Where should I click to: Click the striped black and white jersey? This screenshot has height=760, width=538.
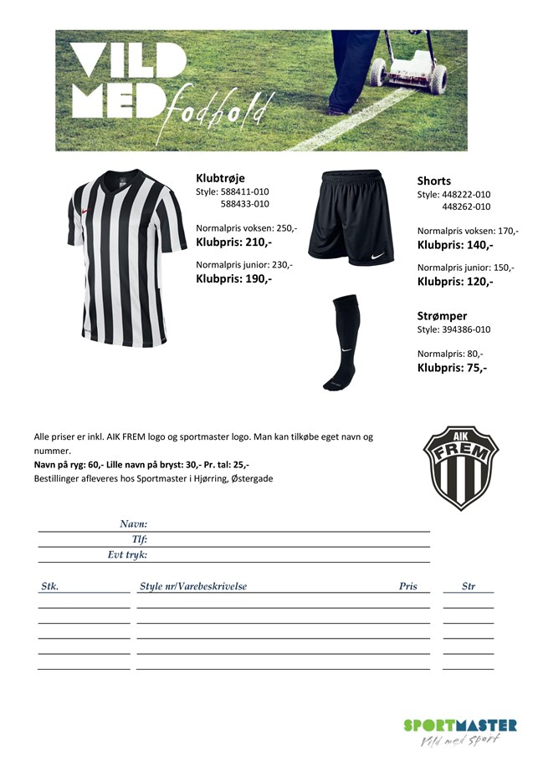coord(126,259)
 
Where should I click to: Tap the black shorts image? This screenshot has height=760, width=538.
coord(350,217)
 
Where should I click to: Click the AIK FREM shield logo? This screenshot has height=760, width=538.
coord(460,467)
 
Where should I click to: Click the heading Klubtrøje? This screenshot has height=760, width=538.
coord(220,177)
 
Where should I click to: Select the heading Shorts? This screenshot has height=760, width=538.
coord(433,181)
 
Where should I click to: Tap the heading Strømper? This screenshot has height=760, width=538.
coord(442,316)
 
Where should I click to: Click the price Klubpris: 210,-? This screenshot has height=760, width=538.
coord(233,242)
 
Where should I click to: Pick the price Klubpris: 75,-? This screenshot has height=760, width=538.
coord(452,367)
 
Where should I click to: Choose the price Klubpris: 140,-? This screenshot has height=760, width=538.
coord(455,245)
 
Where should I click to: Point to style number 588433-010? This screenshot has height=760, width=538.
coord(244,203)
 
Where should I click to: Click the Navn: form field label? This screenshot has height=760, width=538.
coord(133,523)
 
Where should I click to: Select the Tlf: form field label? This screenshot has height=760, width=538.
coord(140,539)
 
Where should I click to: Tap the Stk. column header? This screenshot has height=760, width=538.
coord(49,586)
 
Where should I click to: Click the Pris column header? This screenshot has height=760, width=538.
coord(407,586)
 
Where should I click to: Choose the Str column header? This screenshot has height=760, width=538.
coord(469,586)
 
